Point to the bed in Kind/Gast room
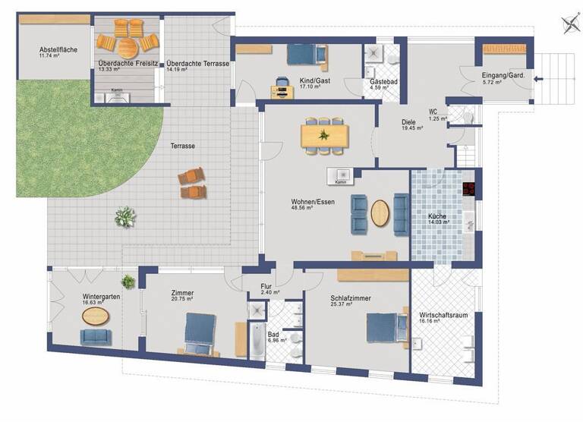(x=304, y=55)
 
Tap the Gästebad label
(x=380, y=81)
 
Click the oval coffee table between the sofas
(x=380, y=212)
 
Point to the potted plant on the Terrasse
(x=124, y=217)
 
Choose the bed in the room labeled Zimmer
(x=200, y=333)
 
